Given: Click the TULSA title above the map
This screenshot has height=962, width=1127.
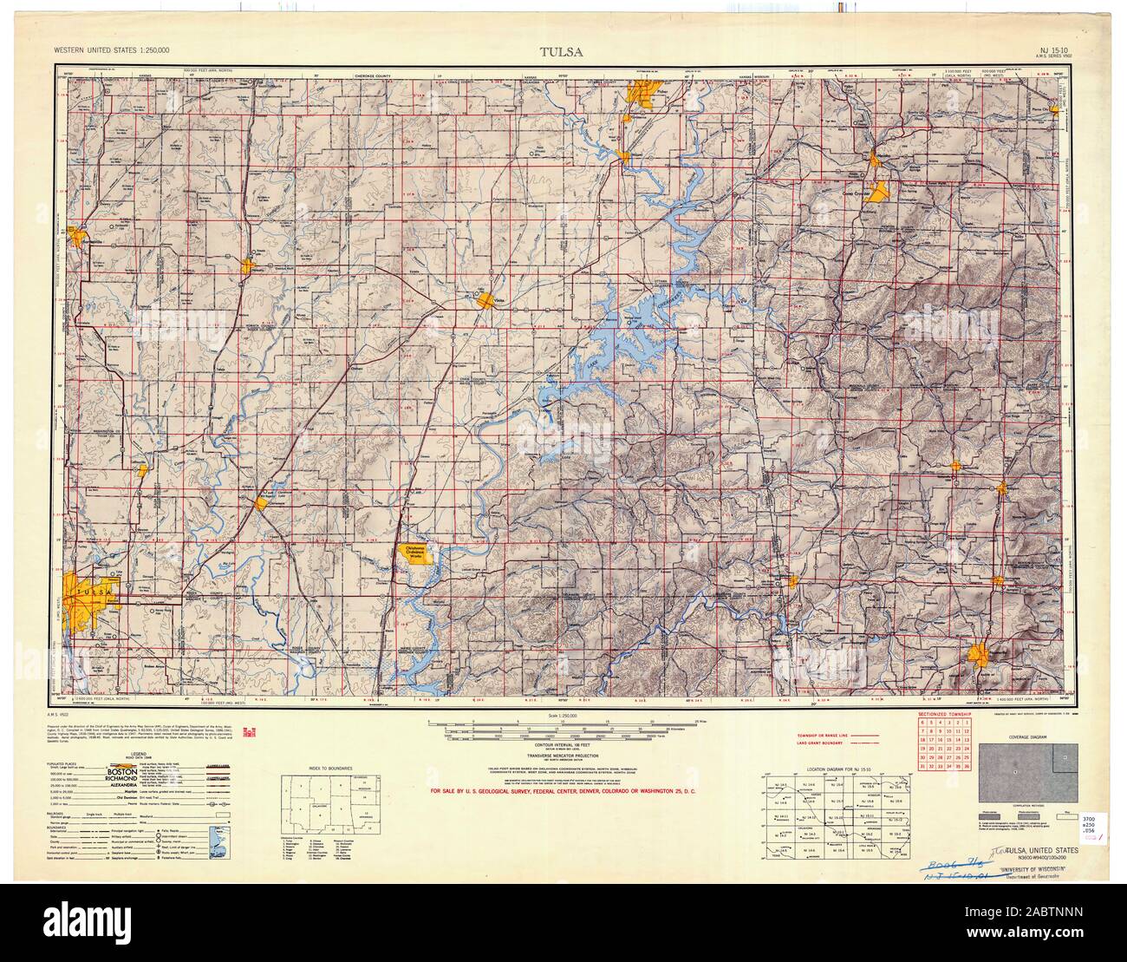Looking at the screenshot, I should pos(561,50).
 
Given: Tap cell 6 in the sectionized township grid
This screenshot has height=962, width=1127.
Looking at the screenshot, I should pos(925,722).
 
